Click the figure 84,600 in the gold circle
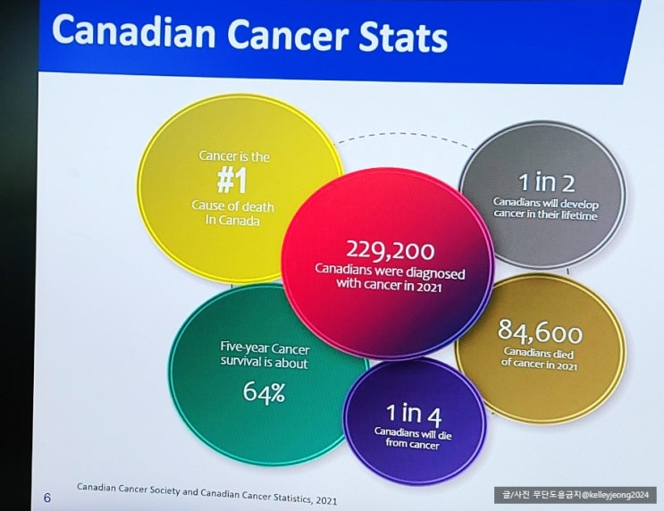(x=540, y=335)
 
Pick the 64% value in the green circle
(x=264, y=391)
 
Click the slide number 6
(x=47, y=498)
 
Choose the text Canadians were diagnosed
(x=390, y=269)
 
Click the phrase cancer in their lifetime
(x=545, y=215)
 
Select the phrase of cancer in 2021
(x=540, y=366)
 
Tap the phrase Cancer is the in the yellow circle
(x=233, y=156)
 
